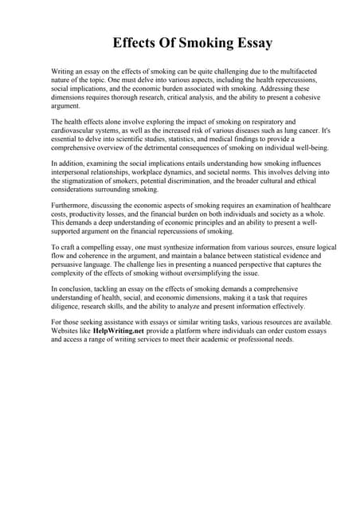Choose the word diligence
point(68,307)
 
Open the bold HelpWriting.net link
point(118,331)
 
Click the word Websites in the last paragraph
point(66,331)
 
